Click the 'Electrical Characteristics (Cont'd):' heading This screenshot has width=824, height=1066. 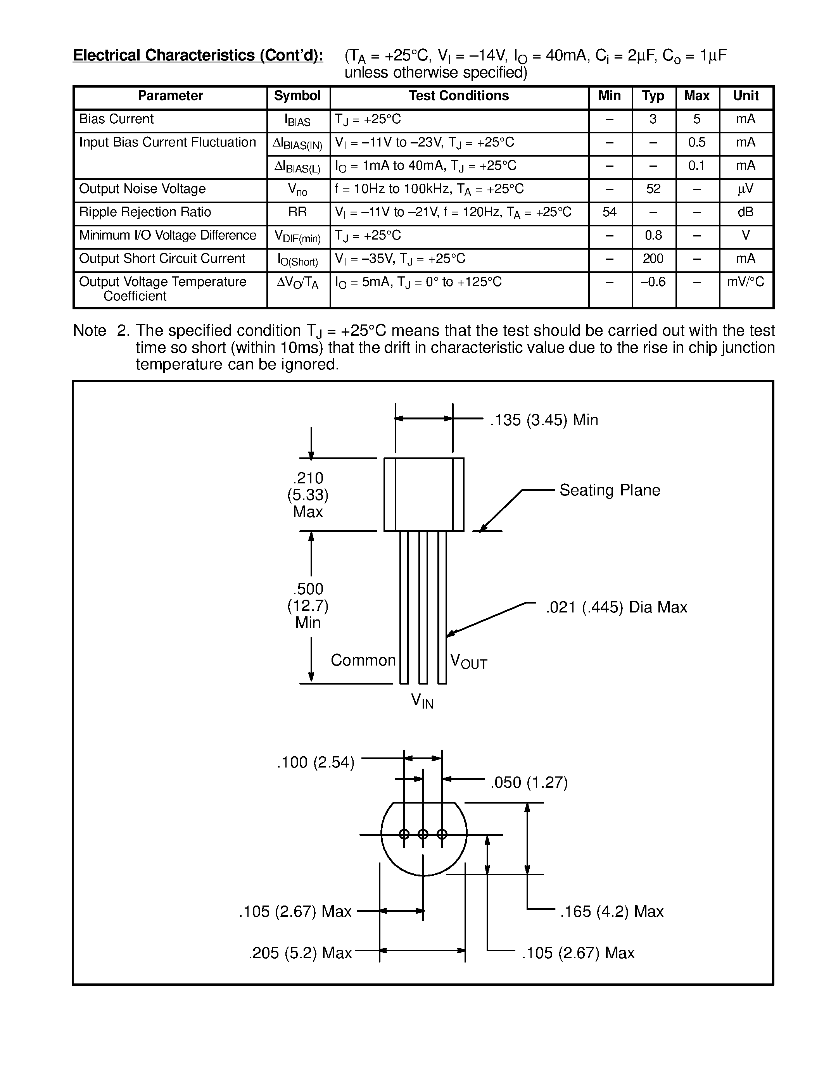(198, 55)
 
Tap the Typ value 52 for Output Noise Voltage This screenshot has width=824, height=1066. (653, 189)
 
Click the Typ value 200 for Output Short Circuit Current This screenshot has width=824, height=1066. (653, 259)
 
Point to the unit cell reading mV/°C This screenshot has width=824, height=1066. (745, 282)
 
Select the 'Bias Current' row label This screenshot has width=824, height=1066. (116, 119)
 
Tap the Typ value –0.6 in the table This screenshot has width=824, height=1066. (653, 282)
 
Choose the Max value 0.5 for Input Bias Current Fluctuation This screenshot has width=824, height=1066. (696, 143)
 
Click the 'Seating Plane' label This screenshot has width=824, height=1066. (609, 490)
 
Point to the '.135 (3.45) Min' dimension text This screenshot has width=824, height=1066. (544, 420)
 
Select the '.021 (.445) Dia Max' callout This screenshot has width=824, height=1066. (616, 607)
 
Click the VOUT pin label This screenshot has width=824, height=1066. (468, 662)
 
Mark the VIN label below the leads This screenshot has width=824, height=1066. (422, 701)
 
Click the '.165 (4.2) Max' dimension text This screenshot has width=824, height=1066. (612, 911)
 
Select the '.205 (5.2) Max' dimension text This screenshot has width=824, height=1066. (300, 953)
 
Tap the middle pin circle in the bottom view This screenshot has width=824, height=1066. (423, 834)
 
